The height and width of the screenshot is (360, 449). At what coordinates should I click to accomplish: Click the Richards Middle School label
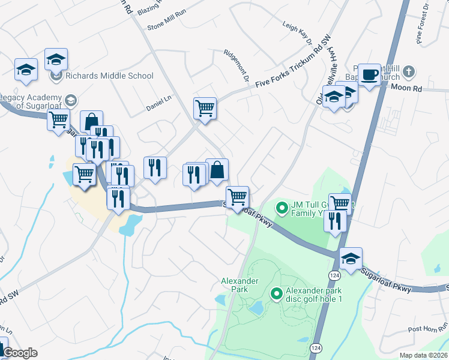(x=109, y=76)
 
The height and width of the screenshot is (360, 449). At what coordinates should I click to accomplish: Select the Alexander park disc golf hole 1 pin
(x=277, y=293)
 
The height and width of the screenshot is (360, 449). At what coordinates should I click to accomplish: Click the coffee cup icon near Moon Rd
(x=370, y=74)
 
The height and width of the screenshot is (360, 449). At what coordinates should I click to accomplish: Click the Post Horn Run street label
(x=425, y=329)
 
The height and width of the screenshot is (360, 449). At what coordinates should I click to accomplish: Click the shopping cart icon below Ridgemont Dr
(x=205, y=108)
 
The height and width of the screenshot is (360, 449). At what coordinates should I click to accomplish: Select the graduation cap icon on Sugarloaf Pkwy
(x=351, y=258)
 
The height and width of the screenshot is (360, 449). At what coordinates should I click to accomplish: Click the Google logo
(x=20, y=353)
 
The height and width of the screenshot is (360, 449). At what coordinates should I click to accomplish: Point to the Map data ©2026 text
(x=424, y=355)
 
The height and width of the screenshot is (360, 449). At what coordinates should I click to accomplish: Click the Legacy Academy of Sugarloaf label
(x=31, y=102)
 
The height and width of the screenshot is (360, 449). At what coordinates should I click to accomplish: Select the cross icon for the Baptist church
(x=408, y=71)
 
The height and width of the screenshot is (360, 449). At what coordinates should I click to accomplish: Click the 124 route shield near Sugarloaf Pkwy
(x=331, y=274)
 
